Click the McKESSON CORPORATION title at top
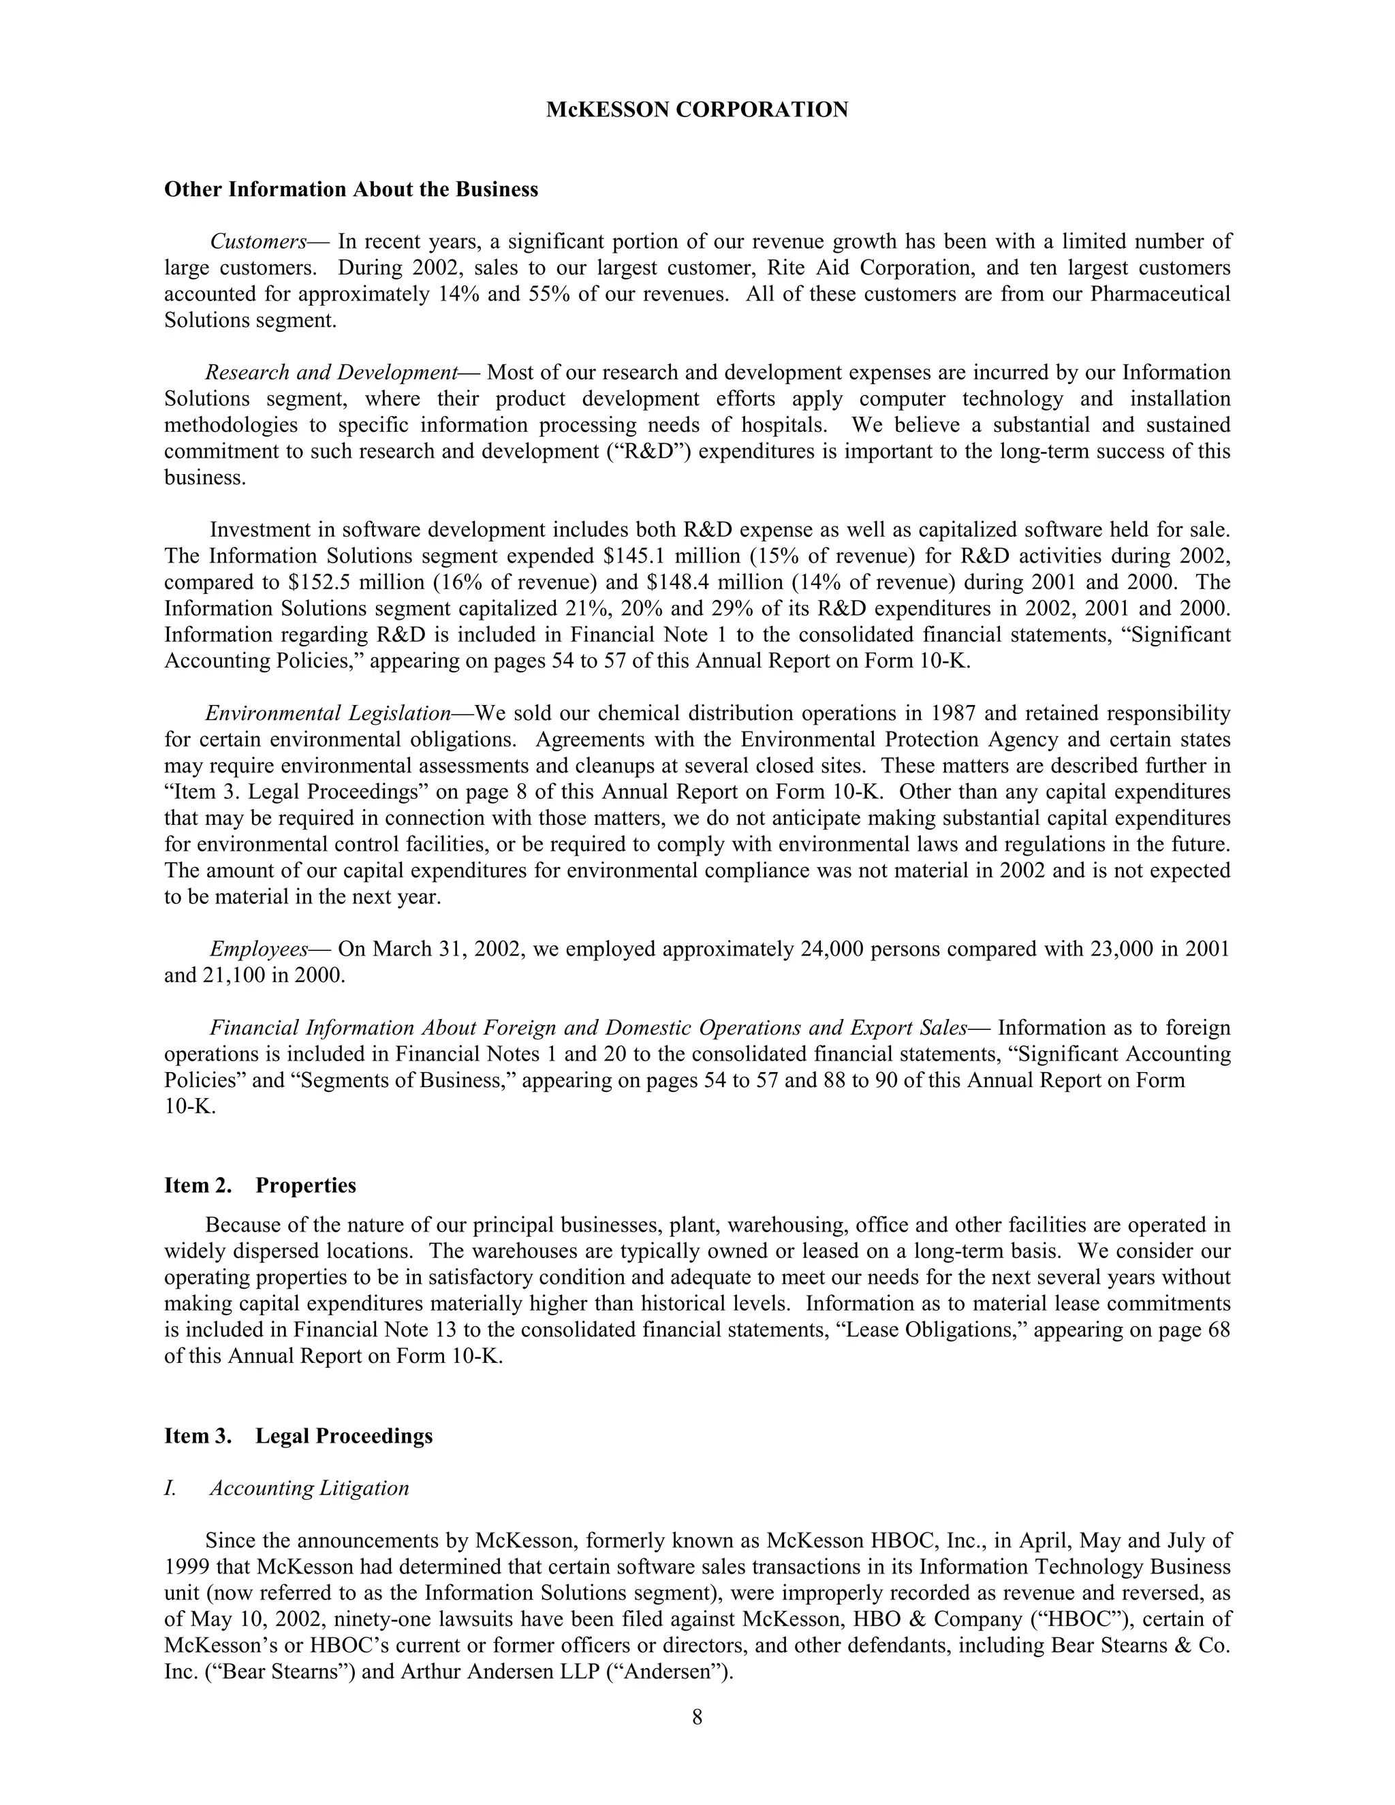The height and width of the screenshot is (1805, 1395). [x=697, y=110]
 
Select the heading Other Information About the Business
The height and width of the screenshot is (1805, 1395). [x=351, y=189]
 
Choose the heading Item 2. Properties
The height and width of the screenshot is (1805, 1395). [x=260, y=1185]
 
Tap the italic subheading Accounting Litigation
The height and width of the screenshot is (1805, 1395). [x=309, y=1488]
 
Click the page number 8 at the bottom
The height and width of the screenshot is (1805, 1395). [x=697, y=1717]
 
